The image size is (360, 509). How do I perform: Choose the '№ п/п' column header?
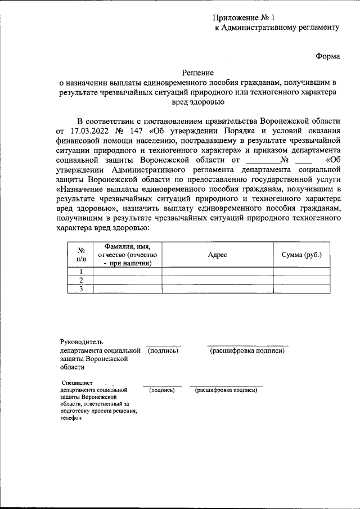pyautogui.click(x=80, y=255)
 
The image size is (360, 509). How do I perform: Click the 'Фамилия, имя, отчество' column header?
pyautogui.click(x=128, y=255)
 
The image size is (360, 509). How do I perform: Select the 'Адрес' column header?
pyautogui.click(x=217, y=255)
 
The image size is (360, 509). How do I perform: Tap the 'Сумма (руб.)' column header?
pyautogui.click(x=301, y=255)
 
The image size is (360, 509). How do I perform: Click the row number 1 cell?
pyautogui.click(x=80, y=272)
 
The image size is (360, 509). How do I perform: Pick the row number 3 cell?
pyautogui.click(x=80, y=289)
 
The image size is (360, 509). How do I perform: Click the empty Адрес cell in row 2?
pyautogui.click(x=217, y=280)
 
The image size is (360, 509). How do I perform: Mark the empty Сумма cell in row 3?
pyautogui.click(x=301, y=289)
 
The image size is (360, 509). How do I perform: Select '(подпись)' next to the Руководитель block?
pyautogui.click(x=163, y=350)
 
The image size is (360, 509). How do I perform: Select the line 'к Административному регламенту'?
pyautogui.click(x=277, y=28)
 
